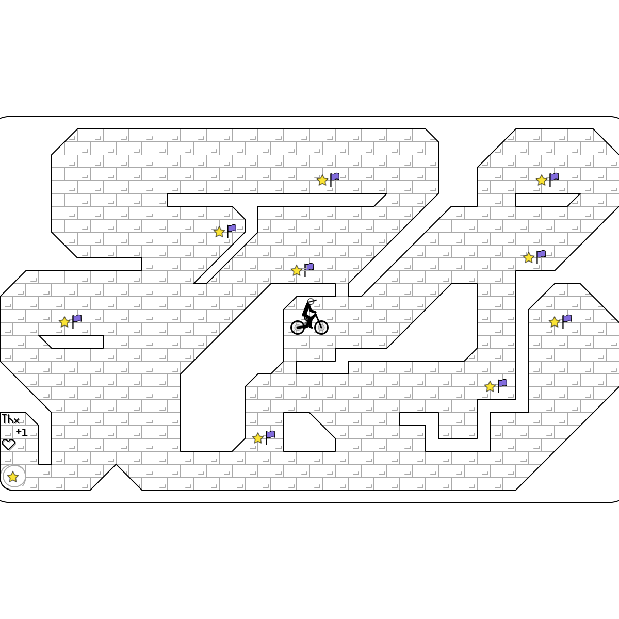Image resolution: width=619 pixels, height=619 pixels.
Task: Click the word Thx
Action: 10,419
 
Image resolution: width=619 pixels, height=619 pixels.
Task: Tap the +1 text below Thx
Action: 21,432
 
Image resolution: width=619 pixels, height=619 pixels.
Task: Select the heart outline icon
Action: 8,444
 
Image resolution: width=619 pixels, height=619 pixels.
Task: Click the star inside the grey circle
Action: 13,477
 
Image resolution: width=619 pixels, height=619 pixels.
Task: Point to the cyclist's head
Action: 311,302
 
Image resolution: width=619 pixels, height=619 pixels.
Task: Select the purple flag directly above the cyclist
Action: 309,267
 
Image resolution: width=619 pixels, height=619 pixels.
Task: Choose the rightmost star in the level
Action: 555,322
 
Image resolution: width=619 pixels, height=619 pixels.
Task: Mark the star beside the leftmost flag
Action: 64,322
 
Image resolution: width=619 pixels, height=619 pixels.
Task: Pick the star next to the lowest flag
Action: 258,438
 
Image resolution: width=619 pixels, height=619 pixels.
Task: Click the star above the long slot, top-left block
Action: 322,181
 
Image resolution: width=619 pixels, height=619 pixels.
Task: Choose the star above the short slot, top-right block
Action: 542,181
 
